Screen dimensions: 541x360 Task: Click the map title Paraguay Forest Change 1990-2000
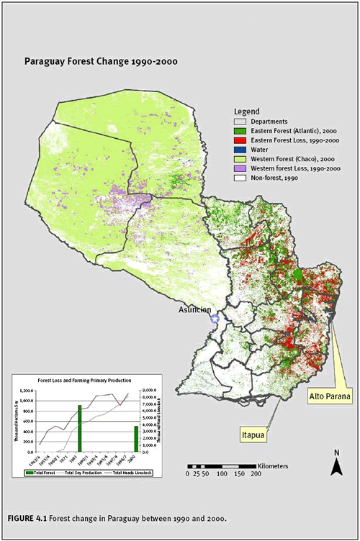[x=101, y=62]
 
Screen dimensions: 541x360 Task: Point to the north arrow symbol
[x=336, y=468]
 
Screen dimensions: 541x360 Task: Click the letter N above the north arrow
[x=336, y=453]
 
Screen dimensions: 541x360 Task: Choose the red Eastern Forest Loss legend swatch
[x=239, y=140]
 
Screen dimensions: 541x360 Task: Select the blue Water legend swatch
[x=239, y=149]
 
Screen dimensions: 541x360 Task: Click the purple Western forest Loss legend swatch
[x=239, y=168]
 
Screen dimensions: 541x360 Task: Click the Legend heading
[x=246, y=112]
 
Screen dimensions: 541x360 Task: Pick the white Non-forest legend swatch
[x=239, y=177]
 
